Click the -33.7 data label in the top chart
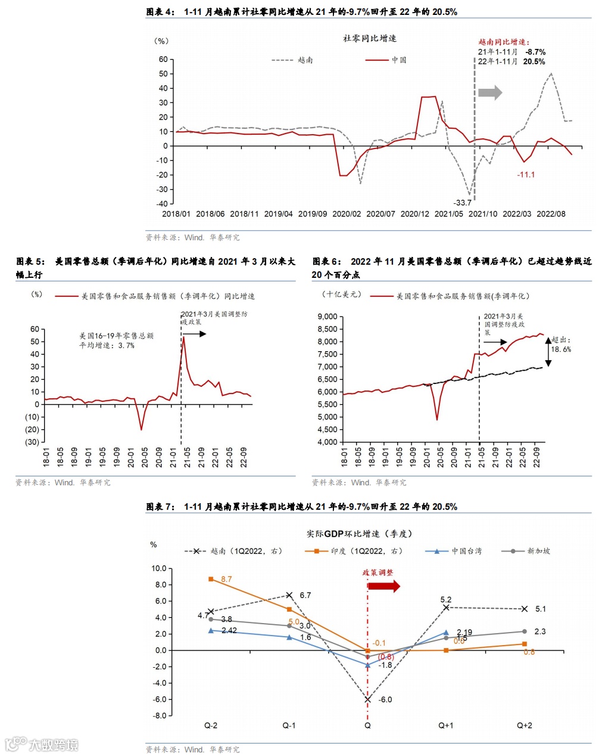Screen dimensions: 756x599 pos(462,203)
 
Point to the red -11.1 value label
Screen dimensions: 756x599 pos(526,175)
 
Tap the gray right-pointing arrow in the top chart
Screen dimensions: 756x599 pos(490,92)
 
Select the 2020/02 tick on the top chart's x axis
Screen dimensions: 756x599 pos(347,214)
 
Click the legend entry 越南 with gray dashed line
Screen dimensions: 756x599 pos(292,60)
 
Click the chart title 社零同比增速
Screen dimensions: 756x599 pos(369,38)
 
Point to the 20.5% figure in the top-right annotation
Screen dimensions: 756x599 pos(534,61)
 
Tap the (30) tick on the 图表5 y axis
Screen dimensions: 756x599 pos(32,442)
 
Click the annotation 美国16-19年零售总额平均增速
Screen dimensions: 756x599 pos(116,340)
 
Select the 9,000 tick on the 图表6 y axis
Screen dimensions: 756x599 pos(327,317)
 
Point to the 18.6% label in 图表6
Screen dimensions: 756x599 pos(561,349)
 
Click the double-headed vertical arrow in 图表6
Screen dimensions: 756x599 pos(548,351)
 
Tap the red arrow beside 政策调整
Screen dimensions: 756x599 pos(384,586)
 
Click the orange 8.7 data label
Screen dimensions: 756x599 pos(226,579)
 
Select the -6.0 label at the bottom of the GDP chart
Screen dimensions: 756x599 pos(385,699)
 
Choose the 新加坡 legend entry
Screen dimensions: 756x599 pos(526,551)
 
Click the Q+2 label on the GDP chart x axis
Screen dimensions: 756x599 pos(524,726)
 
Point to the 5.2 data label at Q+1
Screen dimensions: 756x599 pos(446,599)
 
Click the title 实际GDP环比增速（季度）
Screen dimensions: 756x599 pos(359,534)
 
